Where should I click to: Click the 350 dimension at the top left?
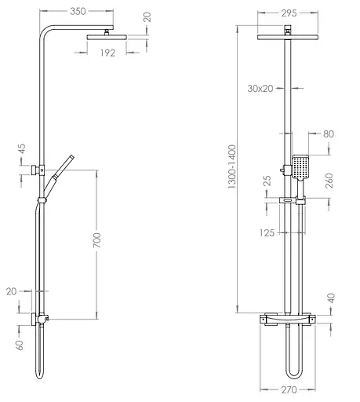78,11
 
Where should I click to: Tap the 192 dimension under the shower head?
107,53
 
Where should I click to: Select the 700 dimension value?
96,240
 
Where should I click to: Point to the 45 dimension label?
23,148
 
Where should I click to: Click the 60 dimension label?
20,345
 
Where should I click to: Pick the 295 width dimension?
289,13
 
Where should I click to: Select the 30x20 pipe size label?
260,89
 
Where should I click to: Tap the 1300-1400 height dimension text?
232,166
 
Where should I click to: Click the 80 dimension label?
329,133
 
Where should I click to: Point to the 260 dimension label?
329,181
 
